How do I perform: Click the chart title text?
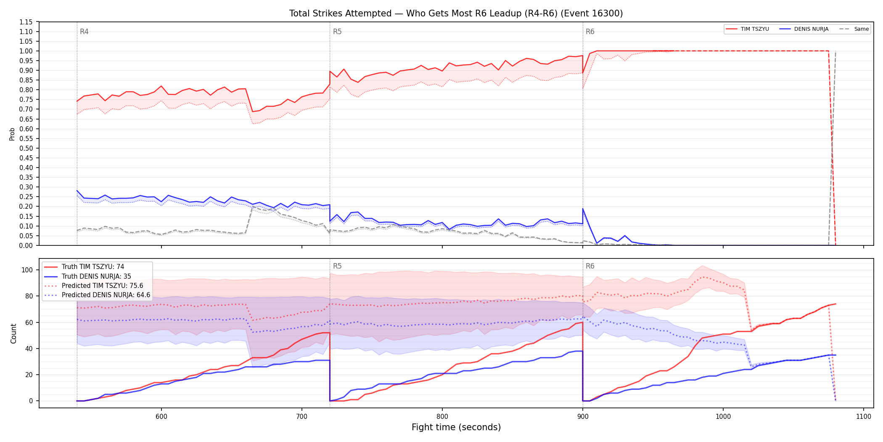(456, 13)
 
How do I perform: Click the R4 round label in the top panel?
(84, 32)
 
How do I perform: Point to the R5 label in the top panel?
(337, 32)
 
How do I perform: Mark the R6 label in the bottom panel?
(590, 266)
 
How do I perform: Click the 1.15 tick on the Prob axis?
(26, 22)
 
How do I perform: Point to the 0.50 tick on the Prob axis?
(26, 148)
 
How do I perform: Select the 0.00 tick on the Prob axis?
(26, 245)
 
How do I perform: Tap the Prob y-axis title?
(12, 134)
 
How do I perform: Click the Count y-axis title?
(13, 333)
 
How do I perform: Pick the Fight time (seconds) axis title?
(456, 427)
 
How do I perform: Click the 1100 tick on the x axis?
(863, 416)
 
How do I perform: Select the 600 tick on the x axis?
(161, 416)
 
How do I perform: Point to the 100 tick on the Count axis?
(27, 270)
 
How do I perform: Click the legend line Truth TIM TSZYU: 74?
(93, 267)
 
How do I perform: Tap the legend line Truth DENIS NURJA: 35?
(96, 277)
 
